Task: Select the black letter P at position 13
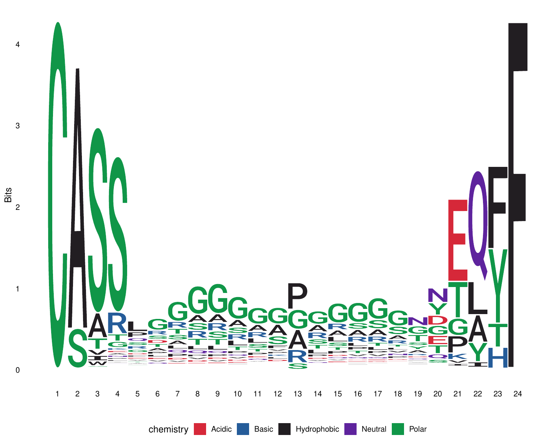coord(297,296)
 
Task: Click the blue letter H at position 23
coord(498,358)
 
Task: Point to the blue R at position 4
coord(117,323)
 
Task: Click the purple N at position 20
coord(438,295)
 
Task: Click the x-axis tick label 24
coord(517,394)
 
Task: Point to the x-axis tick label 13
coord(297,394)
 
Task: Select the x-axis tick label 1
coord(57,394)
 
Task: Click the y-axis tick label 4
coord(17,44)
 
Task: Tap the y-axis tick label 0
coord(17,370)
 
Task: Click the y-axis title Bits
coord(8,195)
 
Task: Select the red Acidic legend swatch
coord(200,429)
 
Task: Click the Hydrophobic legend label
coord(317,429)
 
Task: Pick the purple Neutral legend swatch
coord(350,429)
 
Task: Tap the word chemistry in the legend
coord(168,429)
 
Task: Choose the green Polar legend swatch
coord(398,429)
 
